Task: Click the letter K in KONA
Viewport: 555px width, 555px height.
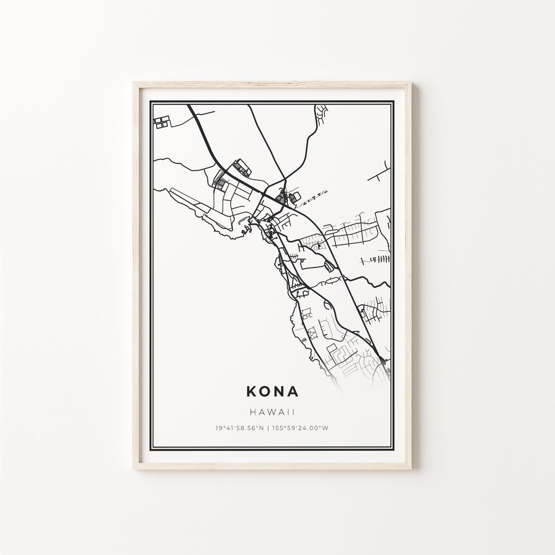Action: tap(252, 392)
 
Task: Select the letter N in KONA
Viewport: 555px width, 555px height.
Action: tap(280, 392)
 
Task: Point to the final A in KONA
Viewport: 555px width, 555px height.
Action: tap(293, 392)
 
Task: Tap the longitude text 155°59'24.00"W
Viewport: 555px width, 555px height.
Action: tap(300, 428)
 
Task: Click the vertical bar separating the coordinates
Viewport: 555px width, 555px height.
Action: tap(268, 428)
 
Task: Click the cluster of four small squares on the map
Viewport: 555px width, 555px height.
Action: tap(161, 122)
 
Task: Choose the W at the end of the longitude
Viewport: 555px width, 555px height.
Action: tap(326, 428)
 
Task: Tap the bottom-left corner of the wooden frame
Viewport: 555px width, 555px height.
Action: tap(134, 469)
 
